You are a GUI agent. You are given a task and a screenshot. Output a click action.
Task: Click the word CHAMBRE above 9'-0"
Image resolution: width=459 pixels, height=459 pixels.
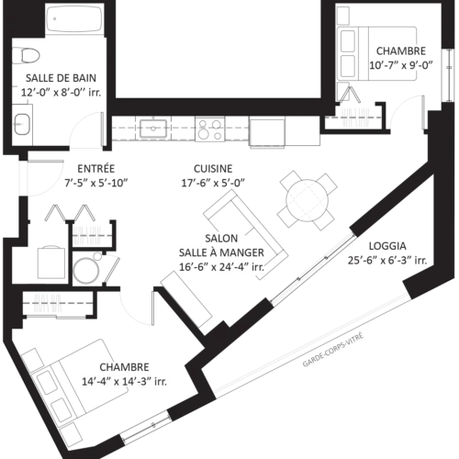(401, 50)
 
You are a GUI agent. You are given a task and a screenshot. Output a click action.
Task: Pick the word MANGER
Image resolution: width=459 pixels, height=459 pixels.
(243, 252)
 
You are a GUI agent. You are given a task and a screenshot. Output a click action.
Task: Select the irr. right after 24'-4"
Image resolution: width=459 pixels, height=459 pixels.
(259, 268)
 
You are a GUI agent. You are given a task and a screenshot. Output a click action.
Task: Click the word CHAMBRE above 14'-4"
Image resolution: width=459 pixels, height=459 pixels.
(124, 366)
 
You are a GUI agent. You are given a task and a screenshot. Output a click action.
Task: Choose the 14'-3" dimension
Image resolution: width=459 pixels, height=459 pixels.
(139, 381)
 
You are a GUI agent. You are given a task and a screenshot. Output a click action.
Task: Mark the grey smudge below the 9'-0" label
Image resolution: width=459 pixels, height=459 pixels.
(356, 116)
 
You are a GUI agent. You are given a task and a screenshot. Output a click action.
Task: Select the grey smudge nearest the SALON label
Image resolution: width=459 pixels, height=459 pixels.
(88, 233)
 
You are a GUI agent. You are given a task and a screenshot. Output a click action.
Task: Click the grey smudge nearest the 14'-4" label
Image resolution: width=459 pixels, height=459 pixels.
(45, 304)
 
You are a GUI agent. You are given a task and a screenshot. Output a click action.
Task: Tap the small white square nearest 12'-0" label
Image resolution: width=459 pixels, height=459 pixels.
(69, 85)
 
